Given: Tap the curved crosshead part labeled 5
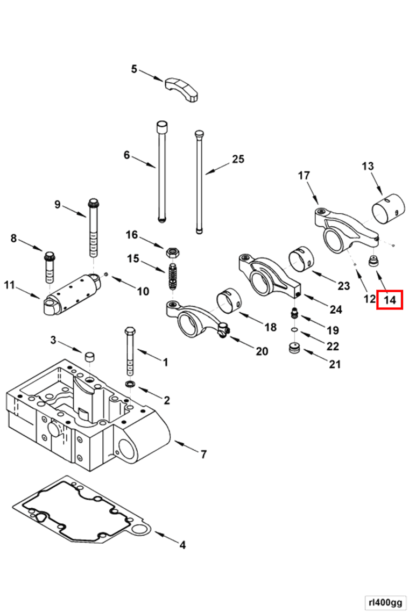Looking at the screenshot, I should [x=183, y=88].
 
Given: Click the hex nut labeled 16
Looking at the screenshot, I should [x=173, y=251].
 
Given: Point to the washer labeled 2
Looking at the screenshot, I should [x=130, y=384].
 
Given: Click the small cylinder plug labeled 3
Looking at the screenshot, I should [x=89, y=357].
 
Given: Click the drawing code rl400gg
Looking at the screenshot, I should [x=384, y=602].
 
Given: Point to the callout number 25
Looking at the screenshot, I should [x=238, y=159].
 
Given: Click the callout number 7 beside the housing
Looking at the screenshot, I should [x=203, y=455].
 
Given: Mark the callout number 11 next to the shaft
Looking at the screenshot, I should [x=9, y=285].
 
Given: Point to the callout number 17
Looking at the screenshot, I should [x=304, y=175].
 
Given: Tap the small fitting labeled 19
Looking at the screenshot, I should [x=294, y=313].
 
